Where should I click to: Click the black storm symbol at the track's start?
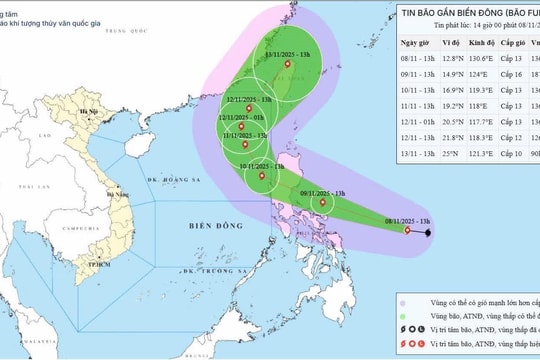429,233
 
